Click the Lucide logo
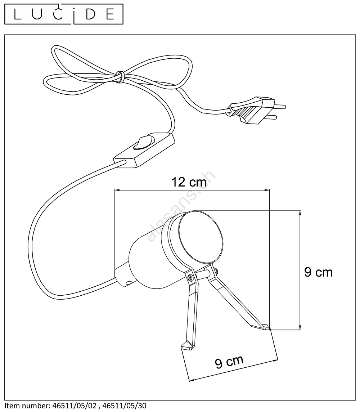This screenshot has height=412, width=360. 64,14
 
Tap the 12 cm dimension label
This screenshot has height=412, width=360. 189,182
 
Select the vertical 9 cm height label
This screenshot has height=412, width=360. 318,272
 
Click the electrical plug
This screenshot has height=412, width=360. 256,110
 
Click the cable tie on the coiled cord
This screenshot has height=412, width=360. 121,77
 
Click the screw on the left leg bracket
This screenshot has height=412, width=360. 190,277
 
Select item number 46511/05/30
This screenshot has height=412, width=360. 125,406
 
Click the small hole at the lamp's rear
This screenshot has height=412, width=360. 128,283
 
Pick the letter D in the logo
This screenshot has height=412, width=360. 90,14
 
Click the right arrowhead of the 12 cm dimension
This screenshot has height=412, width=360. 267,190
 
